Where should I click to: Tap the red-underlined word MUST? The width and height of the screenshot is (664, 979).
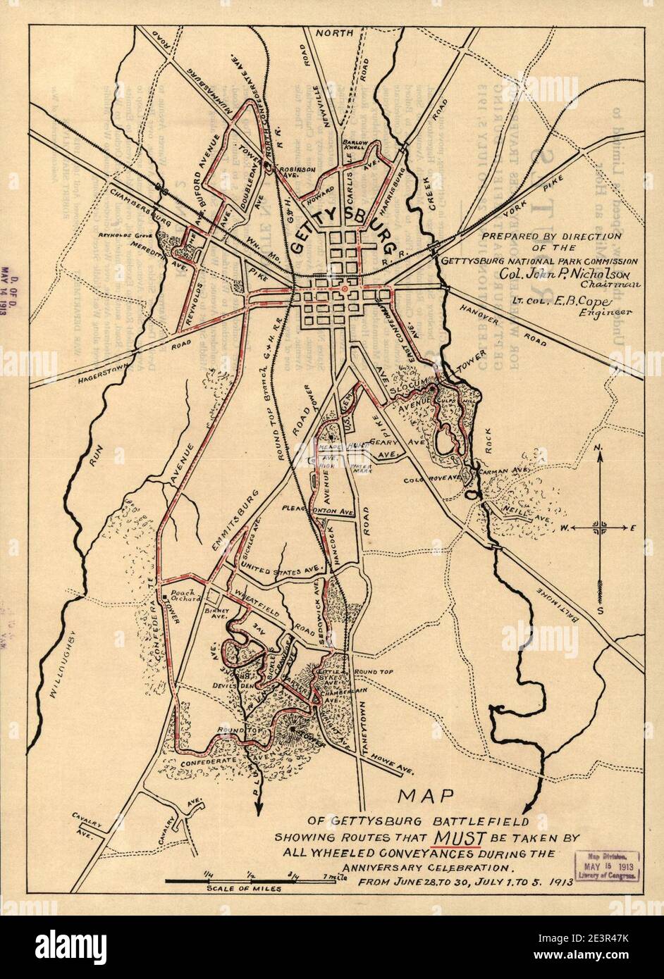pos(458,837)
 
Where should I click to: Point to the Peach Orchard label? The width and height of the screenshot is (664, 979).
pos(181,594)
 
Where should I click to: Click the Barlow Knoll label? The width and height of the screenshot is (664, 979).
pos(352,144)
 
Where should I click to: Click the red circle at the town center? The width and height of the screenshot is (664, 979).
pos(343,289)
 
